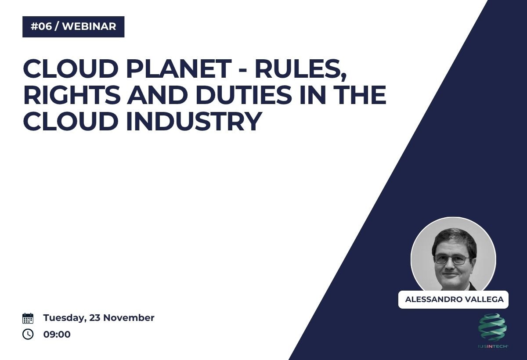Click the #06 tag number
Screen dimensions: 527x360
(41, 26)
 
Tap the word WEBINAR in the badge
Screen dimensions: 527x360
(89, 26)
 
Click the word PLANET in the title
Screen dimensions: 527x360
(179, 68)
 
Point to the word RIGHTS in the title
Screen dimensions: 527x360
(72, 95)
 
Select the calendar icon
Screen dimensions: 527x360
(28, 318)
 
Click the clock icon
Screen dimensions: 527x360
(28, 335)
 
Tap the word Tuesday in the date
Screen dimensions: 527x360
(64, 318)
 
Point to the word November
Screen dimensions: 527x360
(129, 318)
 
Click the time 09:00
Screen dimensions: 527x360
(57, 335)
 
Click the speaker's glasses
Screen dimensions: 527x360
(452, 259)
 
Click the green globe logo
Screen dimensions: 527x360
(492, 327)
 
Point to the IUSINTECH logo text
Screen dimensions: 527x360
(492, 346)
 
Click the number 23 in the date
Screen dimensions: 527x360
(95, 318)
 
